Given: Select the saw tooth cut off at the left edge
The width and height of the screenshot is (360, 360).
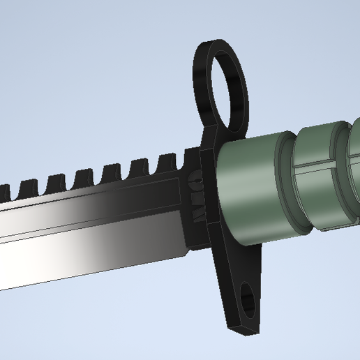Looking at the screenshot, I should pos(3,190).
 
